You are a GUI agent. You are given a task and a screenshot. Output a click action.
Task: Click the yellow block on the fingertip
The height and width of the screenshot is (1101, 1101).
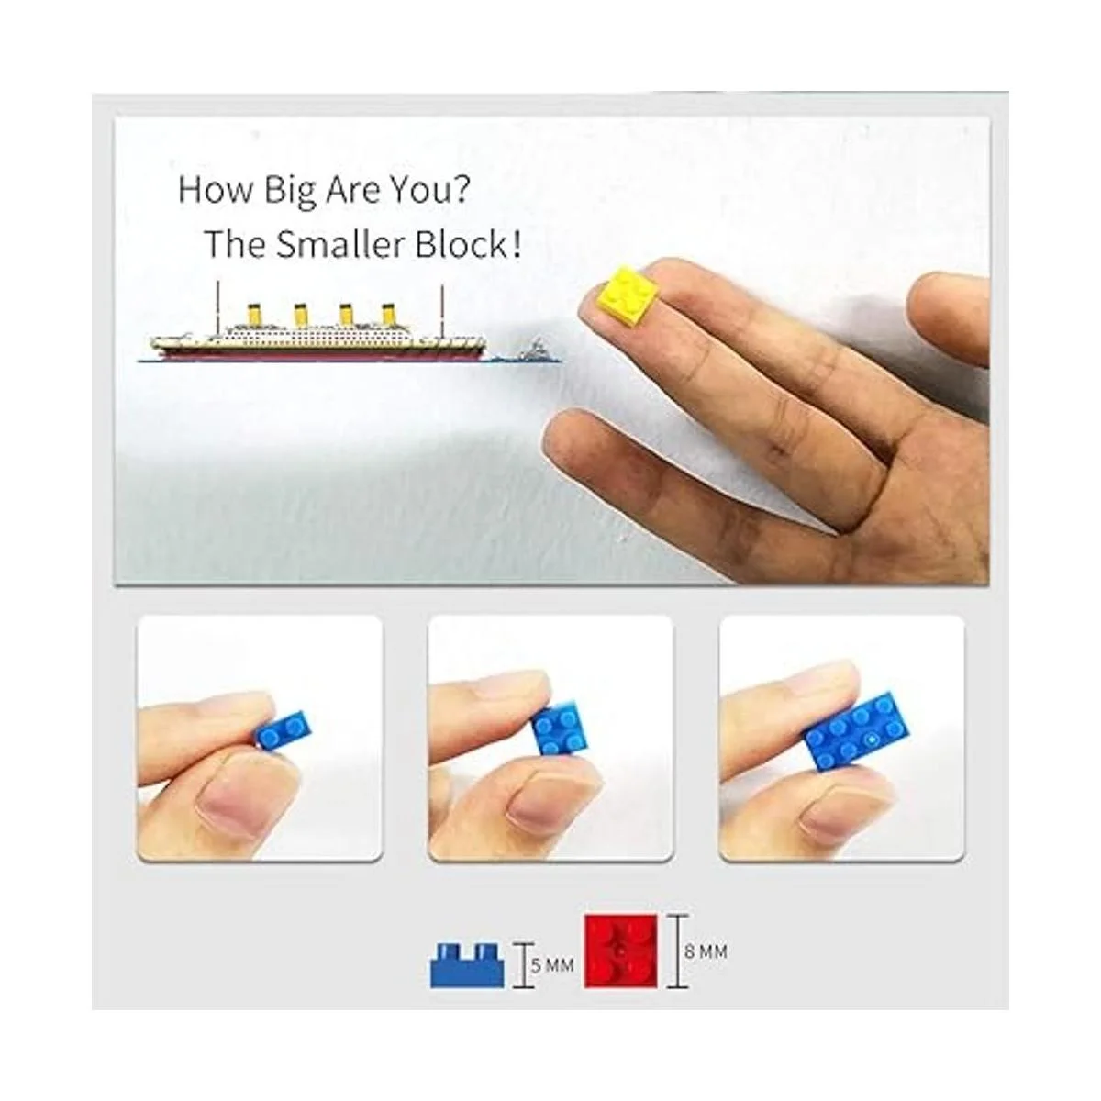point(628,295)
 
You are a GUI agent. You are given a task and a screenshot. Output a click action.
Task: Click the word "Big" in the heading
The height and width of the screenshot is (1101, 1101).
point(290,191)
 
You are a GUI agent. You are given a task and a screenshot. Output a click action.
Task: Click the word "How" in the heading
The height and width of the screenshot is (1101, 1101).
point(216,190)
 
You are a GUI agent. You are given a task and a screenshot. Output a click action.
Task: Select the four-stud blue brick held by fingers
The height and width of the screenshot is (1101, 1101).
point(561,729)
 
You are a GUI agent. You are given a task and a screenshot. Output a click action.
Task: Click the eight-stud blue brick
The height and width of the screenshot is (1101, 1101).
point(856,733)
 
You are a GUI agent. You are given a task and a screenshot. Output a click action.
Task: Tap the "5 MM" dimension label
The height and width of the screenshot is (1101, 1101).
point(552,966)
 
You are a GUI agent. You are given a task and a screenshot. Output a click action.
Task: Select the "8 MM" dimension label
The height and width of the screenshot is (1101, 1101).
point(706,951)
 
